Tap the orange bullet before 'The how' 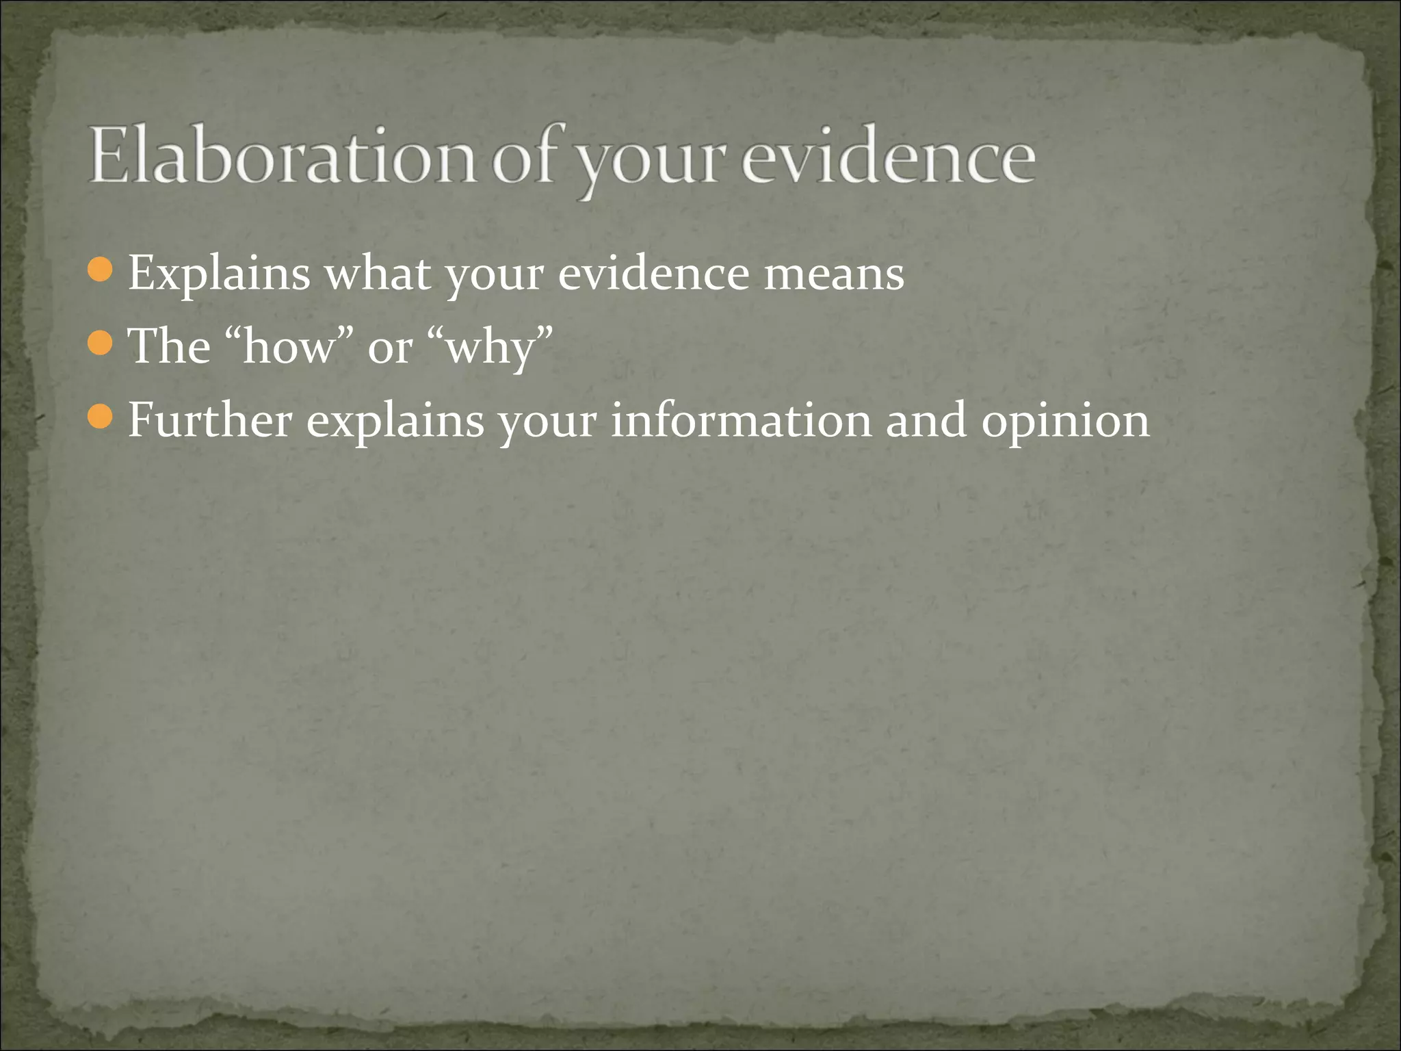pos(101,343)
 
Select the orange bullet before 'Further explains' pos(101,417)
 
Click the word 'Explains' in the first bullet pos(219,274)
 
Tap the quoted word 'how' pos(288,346)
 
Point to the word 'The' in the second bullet pos(169,346)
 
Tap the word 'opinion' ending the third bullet pos(1065,421)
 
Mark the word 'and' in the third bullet pos(926,420)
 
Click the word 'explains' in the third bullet pos(395,421)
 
